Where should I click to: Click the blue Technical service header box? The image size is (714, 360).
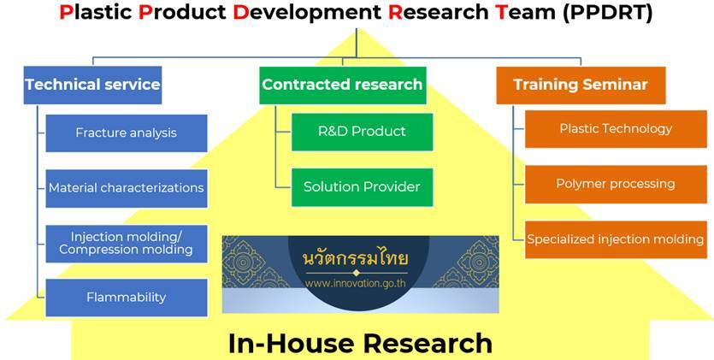point(92,86)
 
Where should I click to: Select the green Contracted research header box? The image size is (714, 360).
point(342,86)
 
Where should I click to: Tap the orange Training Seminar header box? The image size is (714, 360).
point(581,86)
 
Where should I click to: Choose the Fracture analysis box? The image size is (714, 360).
point(127,133)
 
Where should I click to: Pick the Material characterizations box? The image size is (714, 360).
point(127,188)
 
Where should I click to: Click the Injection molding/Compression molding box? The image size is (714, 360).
point(127,244)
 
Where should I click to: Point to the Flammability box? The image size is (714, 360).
point(127,298)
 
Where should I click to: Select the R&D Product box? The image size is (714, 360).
point(362,132)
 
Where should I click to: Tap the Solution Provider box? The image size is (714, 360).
point(362,187)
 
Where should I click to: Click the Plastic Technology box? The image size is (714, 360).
point(616,129)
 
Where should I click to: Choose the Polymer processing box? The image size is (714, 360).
point(616,184)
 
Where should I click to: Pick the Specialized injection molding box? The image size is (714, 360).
point(616,239)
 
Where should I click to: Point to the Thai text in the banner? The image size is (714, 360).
point(356,258)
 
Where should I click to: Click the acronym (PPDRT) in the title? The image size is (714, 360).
point(607,13)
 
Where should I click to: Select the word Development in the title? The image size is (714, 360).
point(307,13)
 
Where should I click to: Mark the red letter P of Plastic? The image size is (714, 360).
point(65,13)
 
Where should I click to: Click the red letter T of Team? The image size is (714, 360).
point(501,13)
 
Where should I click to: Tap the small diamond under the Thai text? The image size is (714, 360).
point(357,273)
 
